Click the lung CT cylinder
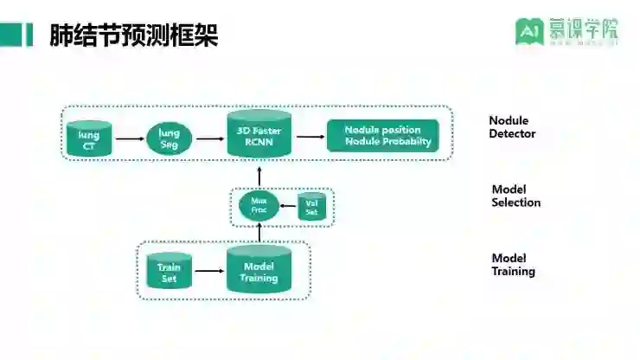89,138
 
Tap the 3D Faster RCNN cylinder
259,134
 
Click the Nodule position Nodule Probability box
381,136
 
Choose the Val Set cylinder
311,207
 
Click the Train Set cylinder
170,273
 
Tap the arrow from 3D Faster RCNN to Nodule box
308,137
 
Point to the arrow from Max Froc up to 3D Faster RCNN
259,174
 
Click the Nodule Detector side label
512,127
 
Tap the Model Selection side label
515,196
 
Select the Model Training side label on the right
513,265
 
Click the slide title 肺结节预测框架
134,35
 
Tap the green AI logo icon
528,31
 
